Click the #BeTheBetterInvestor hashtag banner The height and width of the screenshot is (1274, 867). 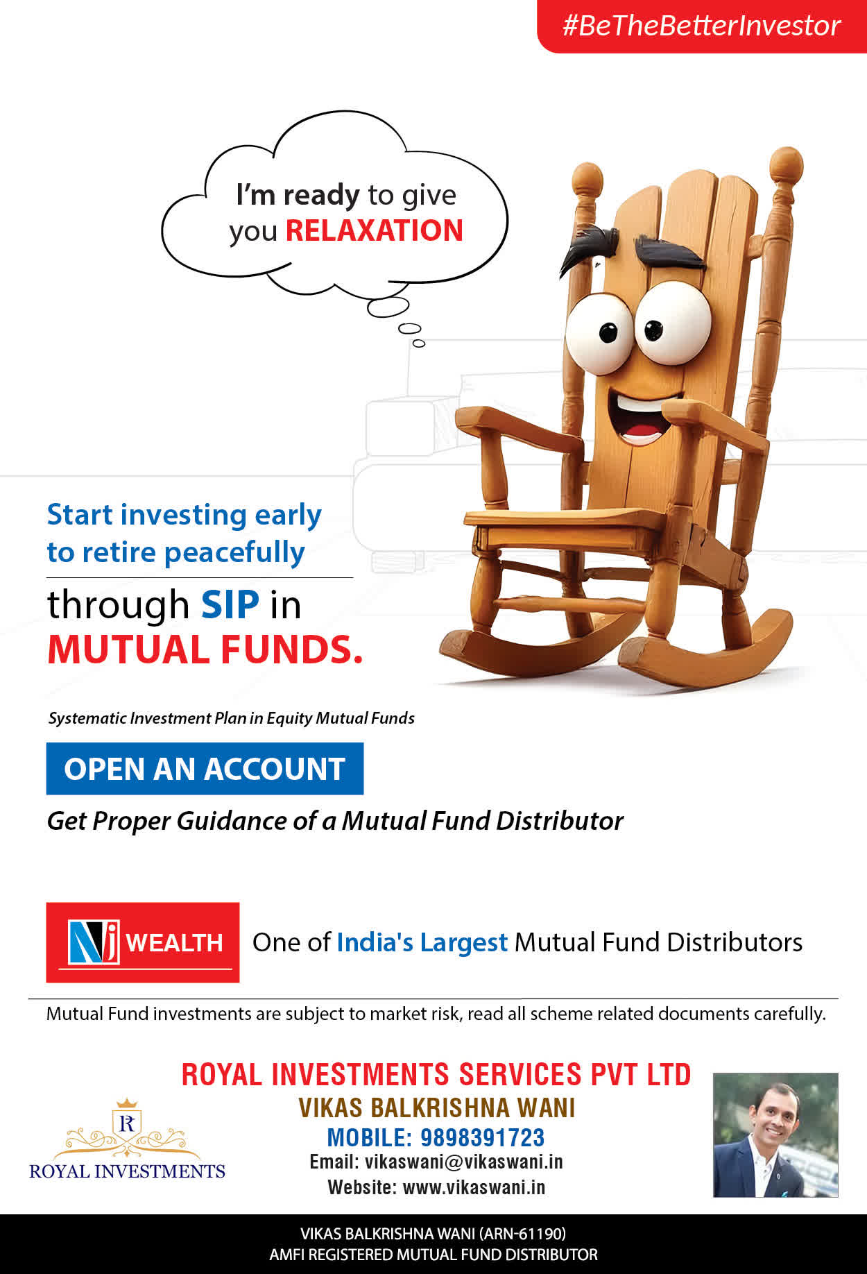click(x=702, y=26)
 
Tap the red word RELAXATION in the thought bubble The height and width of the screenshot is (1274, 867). click(x=375, y=230)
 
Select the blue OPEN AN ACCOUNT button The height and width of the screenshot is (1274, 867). click(x=205, y=769)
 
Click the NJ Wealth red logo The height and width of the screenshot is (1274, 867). click(x=143, y=942)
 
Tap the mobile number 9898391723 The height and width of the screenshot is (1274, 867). click(x=483, y=1138)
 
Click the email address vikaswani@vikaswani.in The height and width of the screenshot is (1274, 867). click(x=464, y=1162)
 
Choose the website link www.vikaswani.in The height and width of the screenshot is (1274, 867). click(x=474, y=1187)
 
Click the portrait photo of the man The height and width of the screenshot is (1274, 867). click(x=775, y=1135)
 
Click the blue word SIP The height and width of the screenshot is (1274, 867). click(x=230, y=604)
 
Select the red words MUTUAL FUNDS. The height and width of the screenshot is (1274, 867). click(x=205, y=649)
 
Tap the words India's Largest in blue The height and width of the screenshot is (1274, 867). click(x=422, y=942)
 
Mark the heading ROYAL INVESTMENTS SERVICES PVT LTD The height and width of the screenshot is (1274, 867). click(x=436, y=1074)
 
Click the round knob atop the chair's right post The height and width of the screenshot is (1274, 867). click(x=787, y=166)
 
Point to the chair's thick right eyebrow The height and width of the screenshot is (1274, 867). click(x=669, y=253)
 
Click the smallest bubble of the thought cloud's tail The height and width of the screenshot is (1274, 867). click(x=418, y=343)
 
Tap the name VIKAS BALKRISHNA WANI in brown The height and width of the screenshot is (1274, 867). click(x=437, y=1108)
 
